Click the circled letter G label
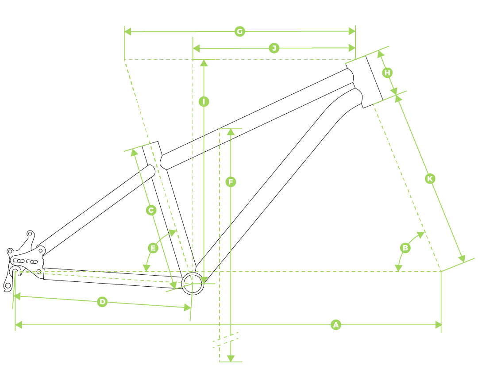(240, 31)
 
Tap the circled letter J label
(274, 48)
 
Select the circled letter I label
(204, 101)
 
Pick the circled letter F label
(231, 182)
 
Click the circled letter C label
(151, 210)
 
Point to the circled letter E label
(153, 248)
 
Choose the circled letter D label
(102, 302)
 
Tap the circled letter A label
(335, 325)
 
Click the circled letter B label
(405, 248)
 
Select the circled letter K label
(430, 179)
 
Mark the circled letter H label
(387, 73)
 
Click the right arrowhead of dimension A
(438, 325)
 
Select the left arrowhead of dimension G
(128, 31)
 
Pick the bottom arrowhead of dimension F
(231, 358)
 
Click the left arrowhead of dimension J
(196, 48)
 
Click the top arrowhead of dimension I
(204, 63)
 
